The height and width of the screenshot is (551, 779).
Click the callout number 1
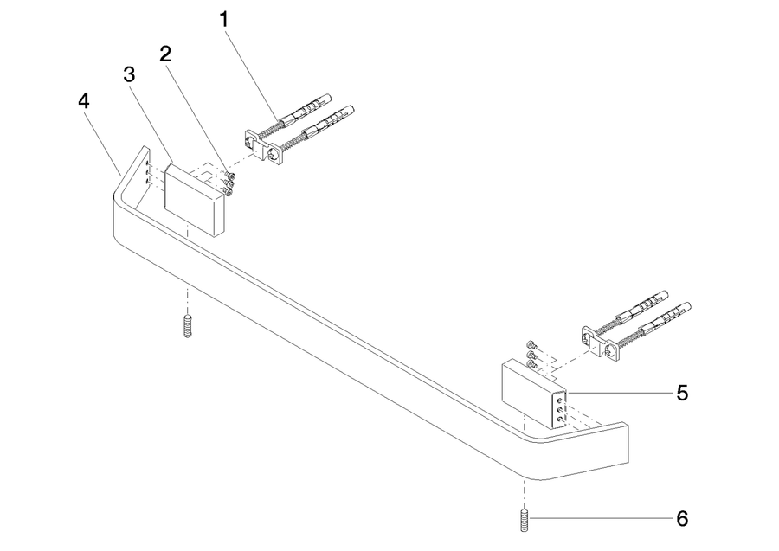click(x=224, y=20)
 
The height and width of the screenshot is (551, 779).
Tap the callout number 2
click(x=165, y=54)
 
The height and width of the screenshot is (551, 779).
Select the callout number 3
click(x=129, y=75)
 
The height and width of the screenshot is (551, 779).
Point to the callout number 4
click(x=84, y=100)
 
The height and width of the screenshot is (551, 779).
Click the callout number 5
click(x=683, y=394)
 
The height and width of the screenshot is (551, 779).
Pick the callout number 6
click(x=683, y=519)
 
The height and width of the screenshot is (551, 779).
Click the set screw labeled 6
click(x=524, y=520)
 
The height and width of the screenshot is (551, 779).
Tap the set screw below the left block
click(x=187, y=327)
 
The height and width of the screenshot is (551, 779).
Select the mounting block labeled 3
click(x=194, y=200)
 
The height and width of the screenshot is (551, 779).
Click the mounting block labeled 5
click(x=534, y=394)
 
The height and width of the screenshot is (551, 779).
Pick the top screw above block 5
click(x=531, y=344)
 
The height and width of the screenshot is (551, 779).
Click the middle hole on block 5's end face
click(x=560, y=410)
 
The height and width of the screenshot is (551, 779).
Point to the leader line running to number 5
click(x=620, y=394)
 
